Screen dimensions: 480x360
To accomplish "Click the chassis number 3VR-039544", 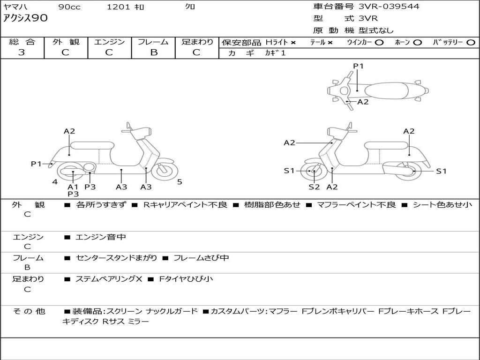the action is click(x=389, y=7).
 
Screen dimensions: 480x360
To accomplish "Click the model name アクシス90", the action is click(x=25, y=18).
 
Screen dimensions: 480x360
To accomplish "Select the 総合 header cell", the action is click(x=22, y=42).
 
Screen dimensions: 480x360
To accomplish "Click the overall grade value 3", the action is click(x=22, y=52).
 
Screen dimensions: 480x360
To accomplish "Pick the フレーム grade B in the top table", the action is click(x=153, y=52).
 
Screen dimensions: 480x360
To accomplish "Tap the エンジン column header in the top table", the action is click(x=109, y=42).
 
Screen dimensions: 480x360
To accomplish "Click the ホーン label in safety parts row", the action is click(x=402, y=43).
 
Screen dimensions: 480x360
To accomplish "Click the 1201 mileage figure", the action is click(x=117, y=7).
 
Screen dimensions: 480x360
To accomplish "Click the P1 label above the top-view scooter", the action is click(x=358, y=66).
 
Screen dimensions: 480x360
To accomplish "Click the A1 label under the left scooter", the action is click(x=73, y=187).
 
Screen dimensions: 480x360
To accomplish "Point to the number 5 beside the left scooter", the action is click(x=180, y=182).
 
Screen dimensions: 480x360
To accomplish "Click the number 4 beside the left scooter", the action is click(x=55, y=182).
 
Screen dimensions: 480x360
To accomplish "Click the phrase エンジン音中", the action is click(x=100, y=237).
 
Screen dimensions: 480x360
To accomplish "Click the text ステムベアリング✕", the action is click(x=108, y=279).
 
